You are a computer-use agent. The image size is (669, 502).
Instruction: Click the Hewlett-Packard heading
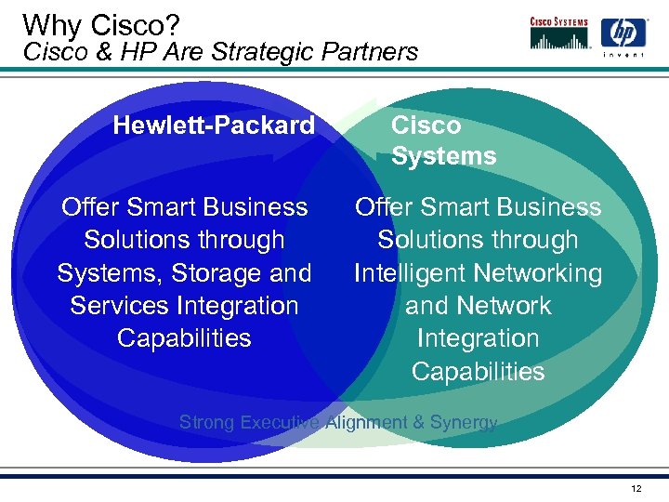coord(214,125)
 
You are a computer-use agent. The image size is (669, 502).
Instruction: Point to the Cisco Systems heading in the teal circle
coord(443,140)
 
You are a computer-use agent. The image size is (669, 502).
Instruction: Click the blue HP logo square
coord(623,34)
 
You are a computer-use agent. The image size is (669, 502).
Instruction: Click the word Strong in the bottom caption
coord(206,423)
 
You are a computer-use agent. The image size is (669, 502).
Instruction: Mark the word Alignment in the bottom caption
coord(365,423)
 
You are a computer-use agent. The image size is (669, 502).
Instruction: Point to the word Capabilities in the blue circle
coord(184,338)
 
